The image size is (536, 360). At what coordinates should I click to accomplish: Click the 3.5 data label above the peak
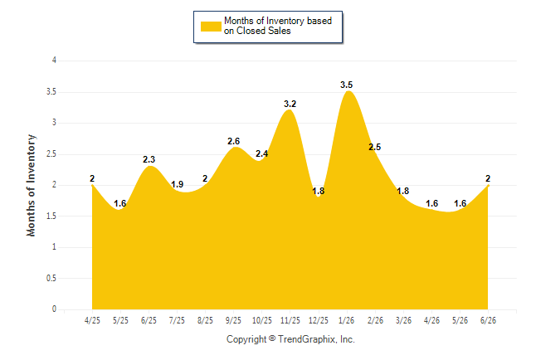[346, 85]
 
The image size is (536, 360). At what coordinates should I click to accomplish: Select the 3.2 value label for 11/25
[290, 104]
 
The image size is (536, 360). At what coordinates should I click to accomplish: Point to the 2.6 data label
[233, 141]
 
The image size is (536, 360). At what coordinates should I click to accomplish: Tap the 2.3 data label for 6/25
[149, 159]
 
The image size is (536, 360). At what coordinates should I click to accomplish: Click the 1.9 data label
[177, 185]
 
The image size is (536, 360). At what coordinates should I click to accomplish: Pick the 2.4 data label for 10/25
[262, 153]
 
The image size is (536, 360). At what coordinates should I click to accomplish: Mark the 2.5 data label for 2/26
[375, 147]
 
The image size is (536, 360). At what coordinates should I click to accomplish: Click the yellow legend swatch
[211, 27]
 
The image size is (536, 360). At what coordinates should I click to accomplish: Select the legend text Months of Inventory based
[278, 21]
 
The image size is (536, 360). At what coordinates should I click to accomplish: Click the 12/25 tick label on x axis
[319, 320]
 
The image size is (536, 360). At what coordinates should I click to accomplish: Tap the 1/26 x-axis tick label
[346, 320]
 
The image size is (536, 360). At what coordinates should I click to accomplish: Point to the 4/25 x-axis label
[92, 320]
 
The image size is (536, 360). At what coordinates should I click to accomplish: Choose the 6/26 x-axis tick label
[488, 320]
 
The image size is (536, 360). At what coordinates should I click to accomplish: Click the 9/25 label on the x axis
[233, 320]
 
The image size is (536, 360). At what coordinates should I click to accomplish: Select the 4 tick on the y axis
[54, 61]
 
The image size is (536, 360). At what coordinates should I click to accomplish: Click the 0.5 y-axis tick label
[51, 278]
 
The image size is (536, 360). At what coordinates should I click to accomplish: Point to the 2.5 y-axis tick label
[51, 153]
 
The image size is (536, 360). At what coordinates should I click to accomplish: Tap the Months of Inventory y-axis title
[31, 185]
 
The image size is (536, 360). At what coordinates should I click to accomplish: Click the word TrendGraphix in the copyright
[308, 339]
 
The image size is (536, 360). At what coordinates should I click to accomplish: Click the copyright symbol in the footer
[272, 338]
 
